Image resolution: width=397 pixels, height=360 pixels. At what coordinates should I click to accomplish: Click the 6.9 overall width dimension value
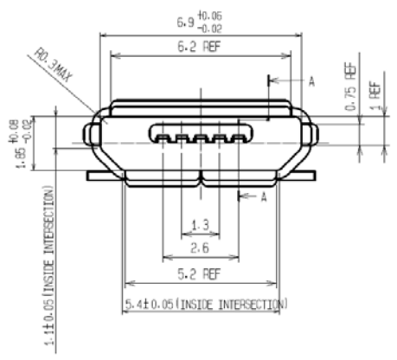pos(184,20)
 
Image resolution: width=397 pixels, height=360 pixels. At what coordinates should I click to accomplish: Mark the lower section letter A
pos(266,198)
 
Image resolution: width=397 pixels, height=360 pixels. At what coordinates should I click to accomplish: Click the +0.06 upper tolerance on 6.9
pos(210,15)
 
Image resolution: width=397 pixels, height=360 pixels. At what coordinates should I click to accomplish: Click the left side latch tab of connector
pos(89,135)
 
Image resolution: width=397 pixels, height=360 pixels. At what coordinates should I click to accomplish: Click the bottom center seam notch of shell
pos(200,180)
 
